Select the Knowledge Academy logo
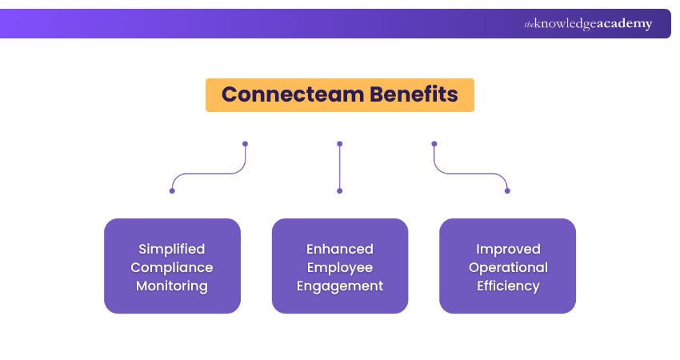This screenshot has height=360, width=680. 588,24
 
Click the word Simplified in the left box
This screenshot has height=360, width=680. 172,249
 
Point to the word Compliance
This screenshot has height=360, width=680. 172,267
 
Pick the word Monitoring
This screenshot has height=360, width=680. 172,286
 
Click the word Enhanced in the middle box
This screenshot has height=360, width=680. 340,249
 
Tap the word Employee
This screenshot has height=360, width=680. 340,267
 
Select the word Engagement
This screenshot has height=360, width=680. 340,286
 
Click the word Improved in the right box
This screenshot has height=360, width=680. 508,249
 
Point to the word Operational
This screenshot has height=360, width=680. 508,267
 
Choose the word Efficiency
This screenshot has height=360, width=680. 508,286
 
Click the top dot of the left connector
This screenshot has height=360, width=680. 245,144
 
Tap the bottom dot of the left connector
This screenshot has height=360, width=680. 172,190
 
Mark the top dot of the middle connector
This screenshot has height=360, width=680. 340,144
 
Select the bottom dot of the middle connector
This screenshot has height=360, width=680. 340,190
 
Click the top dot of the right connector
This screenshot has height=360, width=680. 434,144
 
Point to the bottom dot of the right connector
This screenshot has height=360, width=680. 507,190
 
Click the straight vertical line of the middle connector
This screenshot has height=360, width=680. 340,167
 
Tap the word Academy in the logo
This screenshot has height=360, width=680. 625,24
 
